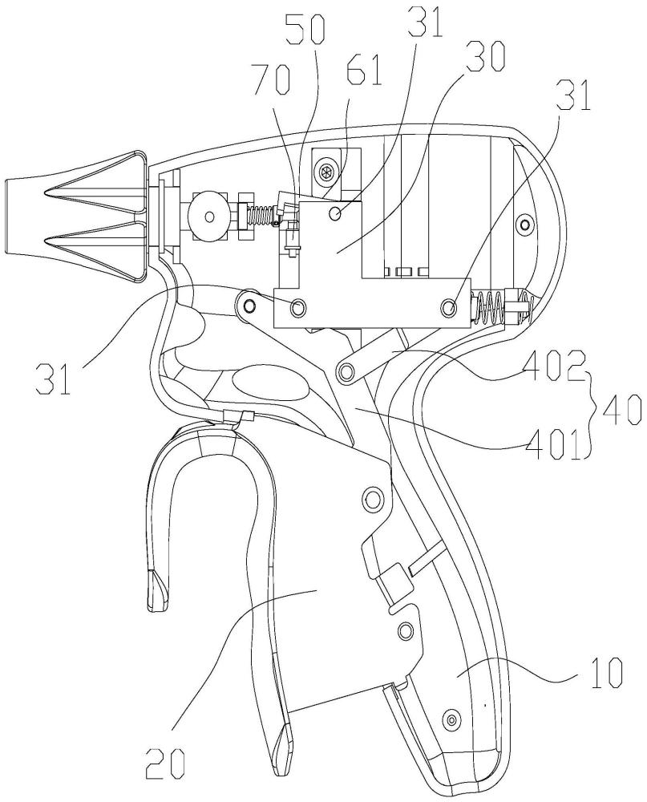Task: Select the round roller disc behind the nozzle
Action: pos(208,217)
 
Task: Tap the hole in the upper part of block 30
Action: pos(336,213)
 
